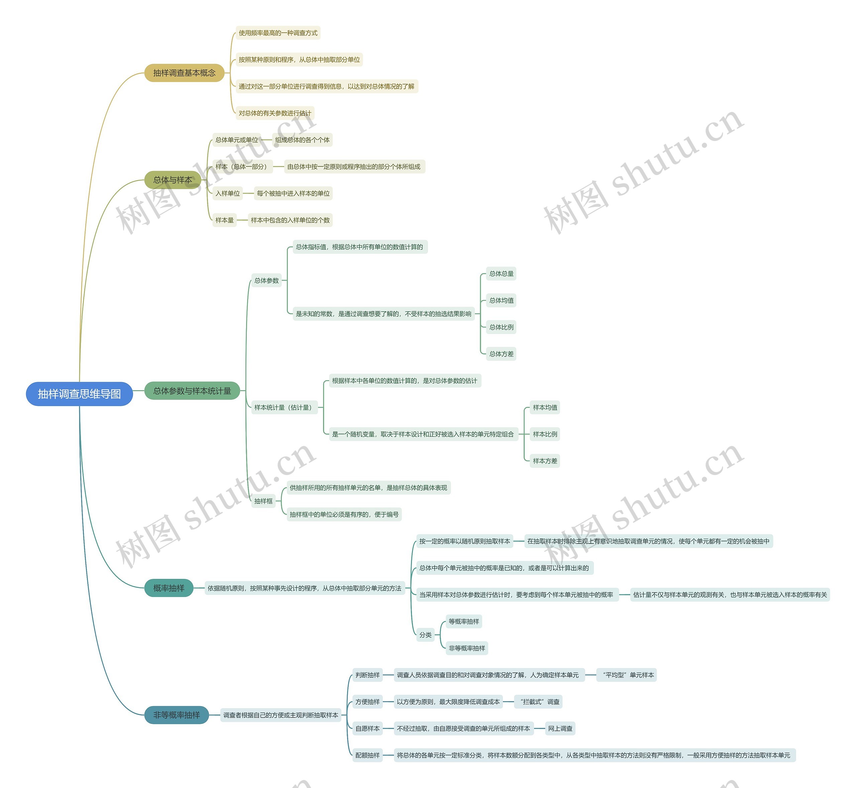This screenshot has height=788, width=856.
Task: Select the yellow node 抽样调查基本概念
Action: pyautogui.click(x=184, y=73)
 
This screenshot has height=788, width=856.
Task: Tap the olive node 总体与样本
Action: pyautogui.click(x=173, y=180)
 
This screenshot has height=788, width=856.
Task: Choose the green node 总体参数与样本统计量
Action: pyautogui.click(x=192, y=390)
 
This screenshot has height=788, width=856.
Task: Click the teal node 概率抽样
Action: pyautogui.click(x=169, y=588)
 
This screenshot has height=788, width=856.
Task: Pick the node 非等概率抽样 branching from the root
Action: pyautogui.click(x=176, y=715)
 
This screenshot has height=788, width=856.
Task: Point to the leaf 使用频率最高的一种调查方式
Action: pyautogui.click(x=278, y=33)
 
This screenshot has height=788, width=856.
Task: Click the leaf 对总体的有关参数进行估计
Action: pyautogui.click(x=275, y=113)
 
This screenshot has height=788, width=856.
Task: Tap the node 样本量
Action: pyautogui.click(x=224, y=220)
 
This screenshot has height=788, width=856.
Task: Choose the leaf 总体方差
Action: pyautogui.click(x=502, y=354)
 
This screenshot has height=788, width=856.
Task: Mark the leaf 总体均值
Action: pyautogui.click(x=502, y=301)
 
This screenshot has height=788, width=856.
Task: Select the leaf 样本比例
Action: pyautogui.click(x=545, y=434)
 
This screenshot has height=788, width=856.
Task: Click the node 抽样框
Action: pyautogui.click(x=263, y=501)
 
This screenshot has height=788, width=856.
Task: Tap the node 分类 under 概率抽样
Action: pyautogui.click(x=425, y=635)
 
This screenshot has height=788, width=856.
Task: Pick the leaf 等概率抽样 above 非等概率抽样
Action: pyautogui.click(x=464, y=622)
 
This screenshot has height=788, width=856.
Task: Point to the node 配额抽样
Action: pyautogui.click(x=367, y=755)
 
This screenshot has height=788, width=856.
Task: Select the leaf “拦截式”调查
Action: pyautogui.click(x=539, y=702)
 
